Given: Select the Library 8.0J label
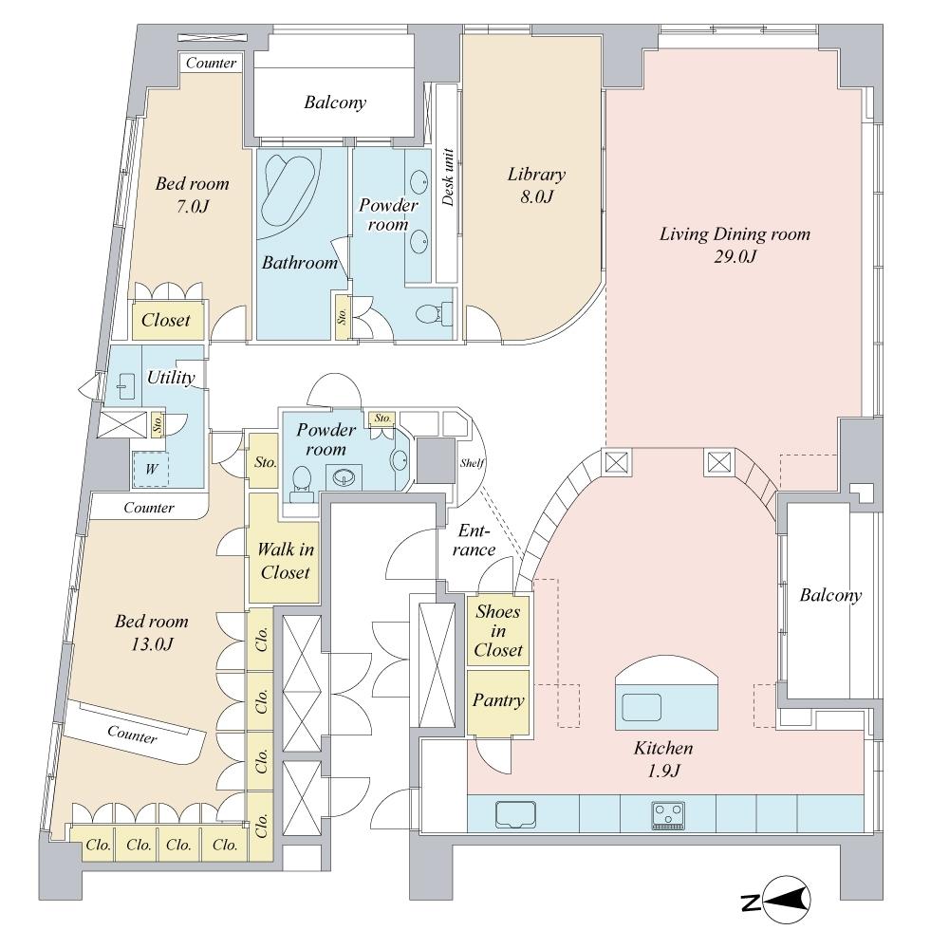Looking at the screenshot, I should tap(536, 185).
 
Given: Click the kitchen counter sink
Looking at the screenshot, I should tap(514, 814).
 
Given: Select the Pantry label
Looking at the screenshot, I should tap(498, 701).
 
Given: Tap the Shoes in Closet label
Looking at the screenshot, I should tap(498, 631).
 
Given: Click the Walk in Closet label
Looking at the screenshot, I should tap(285, 560).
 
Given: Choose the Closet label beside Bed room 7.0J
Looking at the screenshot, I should tap(166, 320).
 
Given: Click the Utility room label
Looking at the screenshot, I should tap(171, 378).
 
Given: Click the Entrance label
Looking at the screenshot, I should tap(474, 541).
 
